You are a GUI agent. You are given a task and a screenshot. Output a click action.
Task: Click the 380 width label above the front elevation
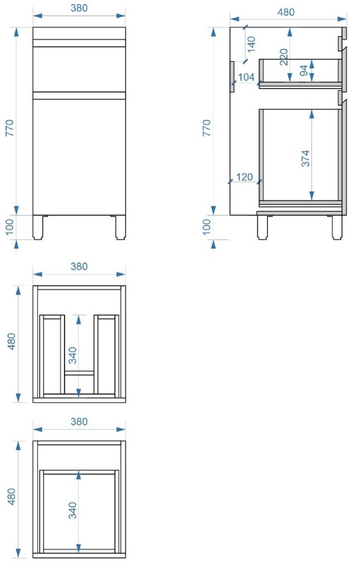point(79,8)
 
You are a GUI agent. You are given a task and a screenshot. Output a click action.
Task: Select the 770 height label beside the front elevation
point(10,128)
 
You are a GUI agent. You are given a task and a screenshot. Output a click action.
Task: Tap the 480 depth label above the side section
point(286,12)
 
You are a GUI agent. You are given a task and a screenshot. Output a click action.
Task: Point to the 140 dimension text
point(252,44)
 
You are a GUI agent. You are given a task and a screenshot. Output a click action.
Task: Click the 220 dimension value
point(284,57)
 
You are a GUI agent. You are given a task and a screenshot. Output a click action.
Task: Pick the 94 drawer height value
point(304,70)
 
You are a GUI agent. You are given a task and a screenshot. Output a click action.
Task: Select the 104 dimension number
point(246,77)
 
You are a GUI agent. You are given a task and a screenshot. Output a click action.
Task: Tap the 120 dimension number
point(244,177)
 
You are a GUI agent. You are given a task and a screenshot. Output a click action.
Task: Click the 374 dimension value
point(305,158)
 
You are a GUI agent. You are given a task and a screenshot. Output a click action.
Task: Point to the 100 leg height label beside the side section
point(207,227)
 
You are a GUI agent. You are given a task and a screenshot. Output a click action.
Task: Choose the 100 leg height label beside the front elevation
point(10,227)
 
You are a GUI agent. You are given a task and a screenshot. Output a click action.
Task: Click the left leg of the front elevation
point(37,227)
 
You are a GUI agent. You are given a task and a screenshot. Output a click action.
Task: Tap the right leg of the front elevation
point(120,227)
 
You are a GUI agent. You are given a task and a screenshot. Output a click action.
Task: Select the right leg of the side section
point(337,227)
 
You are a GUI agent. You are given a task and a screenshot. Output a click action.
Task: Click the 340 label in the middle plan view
point(73,355)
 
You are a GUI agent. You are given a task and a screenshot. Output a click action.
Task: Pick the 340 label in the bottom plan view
point(73,510)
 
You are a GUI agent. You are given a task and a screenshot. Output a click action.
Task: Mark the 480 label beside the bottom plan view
point(12,497)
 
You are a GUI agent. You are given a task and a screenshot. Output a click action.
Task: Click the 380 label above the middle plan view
point(79,267)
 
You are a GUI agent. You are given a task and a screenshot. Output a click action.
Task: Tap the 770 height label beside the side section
point(207,128)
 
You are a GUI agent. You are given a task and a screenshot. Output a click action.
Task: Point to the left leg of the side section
point(263,227)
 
